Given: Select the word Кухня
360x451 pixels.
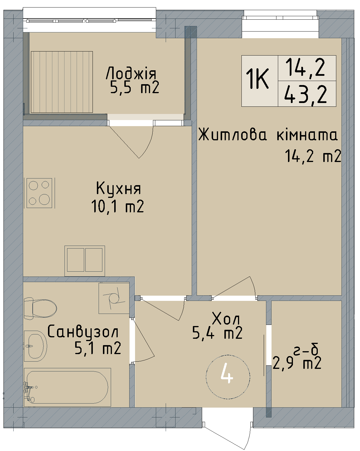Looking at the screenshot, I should click(x=119, y=188).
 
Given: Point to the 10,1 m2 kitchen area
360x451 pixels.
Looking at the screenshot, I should click(x=118, y=206).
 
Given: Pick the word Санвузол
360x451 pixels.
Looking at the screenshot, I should click(x=83, y=332).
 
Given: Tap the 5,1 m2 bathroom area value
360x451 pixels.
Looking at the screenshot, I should click(x=98, y=348).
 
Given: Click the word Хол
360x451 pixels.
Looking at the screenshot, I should click(x=226, y=319).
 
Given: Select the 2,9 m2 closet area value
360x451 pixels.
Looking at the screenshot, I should click(x=297, y=363).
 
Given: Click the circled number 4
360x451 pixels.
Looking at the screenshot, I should click(x=228, y=377).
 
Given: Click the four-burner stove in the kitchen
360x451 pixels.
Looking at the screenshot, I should click(x=39, y=193).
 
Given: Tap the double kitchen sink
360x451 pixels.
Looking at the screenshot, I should click(x=85, y=260).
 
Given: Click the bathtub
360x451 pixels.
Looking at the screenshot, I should click(x=67, y=387).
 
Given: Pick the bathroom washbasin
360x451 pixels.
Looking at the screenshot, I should click(x=35, y=346).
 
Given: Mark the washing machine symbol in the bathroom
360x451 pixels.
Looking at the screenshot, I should click(x=114, y=298).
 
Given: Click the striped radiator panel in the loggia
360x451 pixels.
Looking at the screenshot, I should click(x=62, y=82).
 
